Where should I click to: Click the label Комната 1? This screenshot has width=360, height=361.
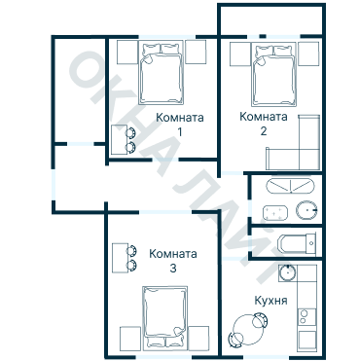tap(180, 125)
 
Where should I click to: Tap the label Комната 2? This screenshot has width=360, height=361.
tap(264, 124)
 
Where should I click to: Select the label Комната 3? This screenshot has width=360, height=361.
tap(173, 261)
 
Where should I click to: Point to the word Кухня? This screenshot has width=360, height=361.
tap(271, 301)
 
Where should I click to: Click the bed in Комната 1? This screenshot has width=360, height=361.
tap(161, 74)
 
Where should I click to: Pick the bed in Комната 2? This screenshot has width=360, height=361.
tap(274, 75)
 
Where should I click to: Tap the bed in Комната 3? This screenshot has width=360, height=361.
tap(165, 318)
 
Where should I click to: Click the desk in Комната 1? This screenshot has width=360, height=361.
tap(119, 139)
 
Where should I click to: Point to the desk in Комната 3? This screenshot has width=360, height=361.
tap(121, 258)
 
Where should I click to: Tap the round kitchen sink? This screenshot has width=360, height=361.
tap(287, 272)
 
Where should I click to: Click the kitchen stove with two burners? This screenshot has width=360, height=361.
tap(306, 316)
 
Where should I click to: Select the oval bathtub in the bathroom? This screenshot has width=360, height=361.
tap(290, 186)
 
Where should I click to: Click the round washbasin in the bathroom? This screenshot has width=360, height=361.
tap(306, 210)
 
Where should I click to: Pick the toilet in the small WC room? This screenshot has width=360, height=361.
tap(297, 243)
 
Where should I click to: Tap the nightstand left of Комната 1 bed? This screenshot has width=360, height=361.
tap(127, 52)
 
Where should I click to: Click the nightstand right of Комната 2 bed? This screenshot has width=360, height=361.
tap(308, 54)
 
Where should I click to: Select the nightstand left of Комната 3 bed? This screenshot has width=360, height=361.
tap(130, 339)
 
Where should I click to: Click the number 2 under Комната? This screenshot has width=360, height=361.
tap(264, 131)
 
